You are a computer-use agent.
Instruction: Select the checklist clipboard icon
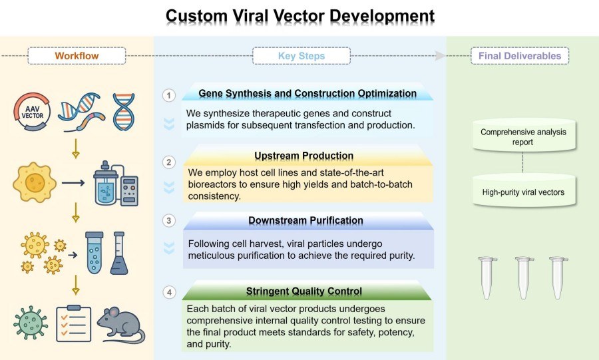point(73,324)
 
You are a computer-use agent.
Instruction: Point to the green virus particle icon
point(30,323)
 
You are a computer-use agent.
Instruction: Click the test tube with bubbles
point(94,253)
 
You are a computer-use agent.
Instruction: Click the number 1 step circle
point(169,95)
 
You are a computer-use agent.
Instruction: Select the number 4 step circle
point(169,292)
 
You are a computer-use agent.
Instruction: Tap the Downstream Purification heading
point(305,220)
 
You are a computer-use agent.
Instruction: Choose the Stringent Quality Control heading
point(304,291)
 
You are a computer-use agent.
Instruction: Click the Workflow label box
point(77,56)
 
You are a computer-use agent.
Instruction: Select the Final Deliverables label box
point(519,56)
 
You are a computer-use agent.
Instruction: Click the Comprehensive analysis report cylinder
point(523,136)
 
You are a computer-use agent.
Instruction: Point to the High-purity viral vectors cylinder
point(523,193)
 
